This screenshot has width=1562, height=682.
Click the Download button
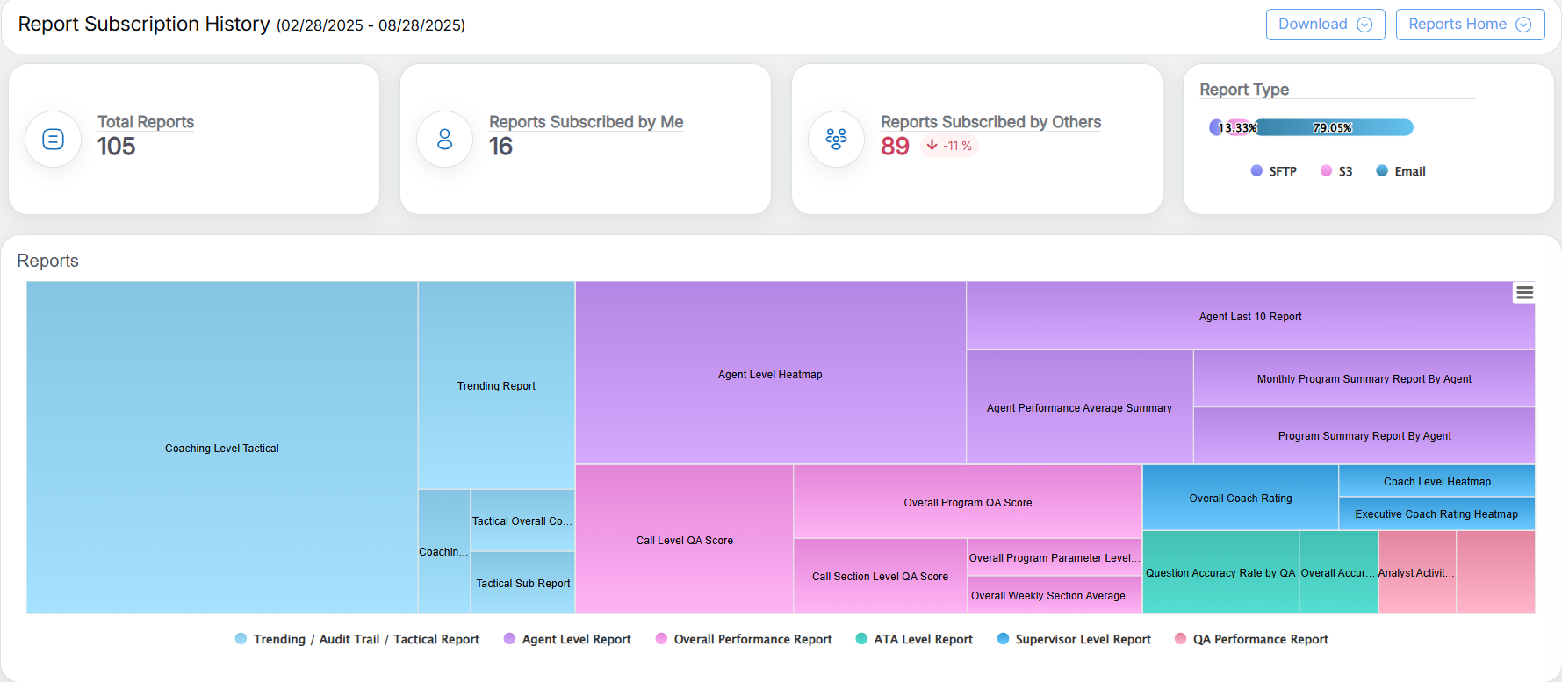click(1324, 25)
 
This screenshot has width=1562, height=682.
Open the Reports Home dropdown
click(1470, 25)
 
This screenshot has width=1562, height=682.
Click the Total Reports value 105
click(117, 147)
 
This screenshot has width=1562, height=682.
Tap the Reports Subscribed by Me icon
click(445, 139)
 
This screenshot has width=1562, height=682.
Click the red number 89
click(895, 147)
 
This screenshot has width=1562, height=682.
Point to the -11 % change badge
click(950, 146)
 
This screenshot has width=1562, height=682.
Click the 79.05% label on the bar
click(1332, 128)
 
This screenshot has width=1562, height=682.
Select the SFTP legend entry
click(1274, 171)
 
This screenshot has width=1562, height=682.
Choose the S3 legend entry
click(1336, 171)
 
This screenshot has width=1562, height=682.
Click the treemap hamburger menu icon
click(1524, 293)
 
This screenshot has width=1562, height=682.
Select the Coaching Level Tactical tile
click(222, 448)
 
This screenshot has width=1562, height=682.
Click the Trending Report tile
click(496, 385)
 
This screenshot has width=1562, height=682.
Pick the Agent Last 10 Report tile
click(1250, 316)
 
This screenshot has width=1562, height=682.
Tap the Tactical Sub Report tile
click(523, 583)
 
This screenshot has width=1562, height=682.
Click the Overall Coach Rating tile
click(1240, 498)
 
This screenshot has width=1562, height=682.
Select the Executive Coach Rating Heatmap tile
click(1436, 513)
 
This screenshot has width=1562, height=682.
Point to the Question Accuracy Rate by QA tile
click(1220, 572)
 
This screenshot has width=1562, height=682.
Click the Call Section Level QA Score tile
click(880, 576)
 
